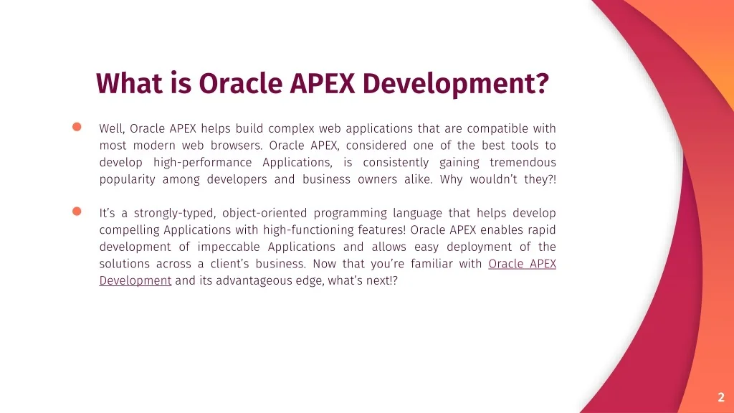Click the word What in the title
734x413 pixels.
click(129, 83)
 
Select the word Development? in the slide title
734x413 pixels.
click(455, 85)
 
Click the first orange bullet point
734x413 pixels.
click(77, 127)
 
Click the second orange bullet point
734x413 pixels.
click(77, 212)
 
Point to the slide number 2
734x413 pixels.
click(721, 397)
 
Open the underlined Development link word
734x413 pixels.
click(135, 280)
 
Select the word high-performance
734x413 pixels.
click(203, 163)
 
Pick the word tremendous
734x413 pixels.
click(523, 163)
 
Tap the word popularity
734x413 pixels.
click(128, 180)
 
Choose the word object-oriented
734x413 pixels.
click(264, 213)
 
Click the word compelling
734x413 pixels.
click(129, 230)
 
